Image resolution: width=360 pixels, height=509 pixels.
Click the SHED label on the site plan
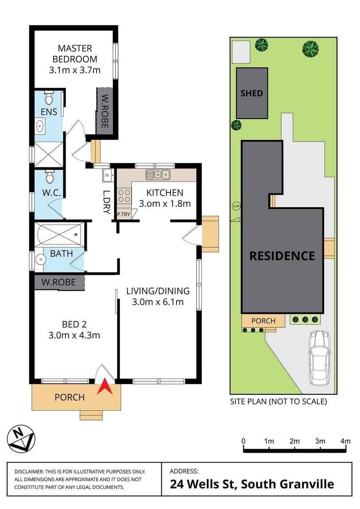pyautogui.click(x=252, y=93)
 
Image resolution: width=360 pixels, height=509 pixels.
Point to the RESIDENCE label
pyautogui.click(x=282, y=256)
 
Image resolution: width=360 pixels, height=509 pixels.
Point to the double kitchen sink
pyautogui.click(x=158, y=175)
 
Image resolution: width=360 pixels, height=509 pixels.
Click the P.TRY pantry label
pyautogui.click(x=123, y=215)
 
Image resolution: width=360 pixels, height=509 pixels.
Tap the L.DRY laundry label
pyautogui.click(x=106, y=202)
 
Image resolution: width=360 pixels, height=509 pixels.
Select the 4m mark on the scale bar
pyautogui.click(x=345, y=441)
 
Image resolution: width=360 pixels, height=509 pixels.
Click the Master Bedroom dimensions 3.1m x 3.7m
pyautogui.click(x=75, y=69)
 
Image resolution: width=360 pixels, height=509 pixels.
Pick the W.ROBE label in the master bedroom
pyautogui.click(x=105, y=111)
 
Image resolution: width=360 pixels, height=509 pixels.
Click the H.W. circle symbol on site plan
pyautogui.click(x=235, y=206)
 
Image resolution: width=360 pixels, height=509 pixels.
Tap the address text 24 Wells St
pyautogui.click(x=204, y=484)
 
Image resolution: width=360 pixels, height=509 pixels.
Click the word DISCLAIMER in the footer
pyautogui.click(x=29, y=472)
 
